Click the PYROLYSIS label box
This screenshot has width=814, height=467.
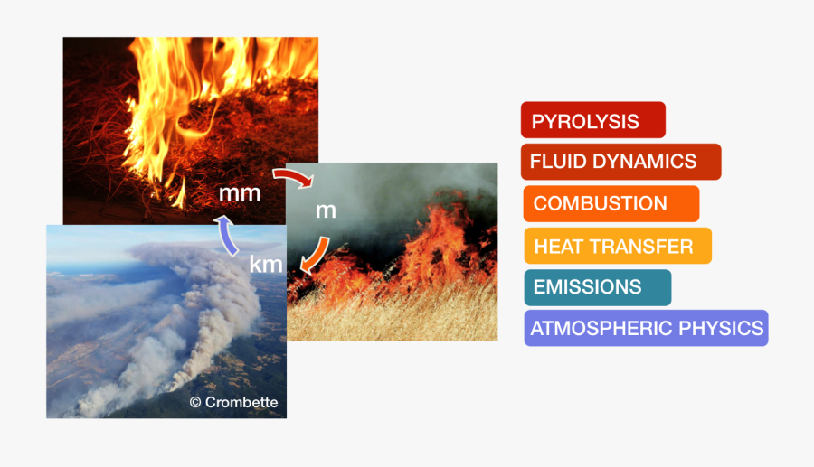click(x=592, y=120)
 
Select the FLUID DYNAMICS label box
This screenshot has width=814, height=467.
click(x=620, y=162)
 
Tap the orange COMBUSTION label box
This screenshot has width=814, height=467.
click(x=610, y=203)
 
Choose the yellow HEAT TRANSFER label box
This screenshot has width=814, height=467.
click(x=617, y=246)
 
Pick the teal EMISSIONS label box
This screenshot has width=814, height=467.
click(x=597, y=287)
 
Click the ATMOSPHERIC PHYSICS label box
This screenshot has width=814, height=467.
click(x=646, y=328)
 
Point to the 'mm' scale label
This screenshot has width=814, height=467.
click(x=240, y=192)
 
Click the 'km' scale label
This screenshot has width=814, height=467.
click(x=267, y=265)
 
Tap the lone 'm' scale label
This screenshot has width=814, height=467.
click(x=326, y=210)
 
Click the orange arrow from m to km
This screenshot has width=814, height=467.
click(x=314, y=255)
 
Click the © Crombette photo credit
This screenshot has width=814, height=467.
click(x=233, y=402)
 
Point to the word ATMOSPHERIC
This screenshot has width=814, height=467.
click(x=604, y=328)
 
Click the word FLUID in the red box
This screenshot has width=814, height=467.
click(x=552, y=162)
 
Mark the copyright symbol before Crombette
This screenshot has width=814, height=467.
click(x=194, y=402)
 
